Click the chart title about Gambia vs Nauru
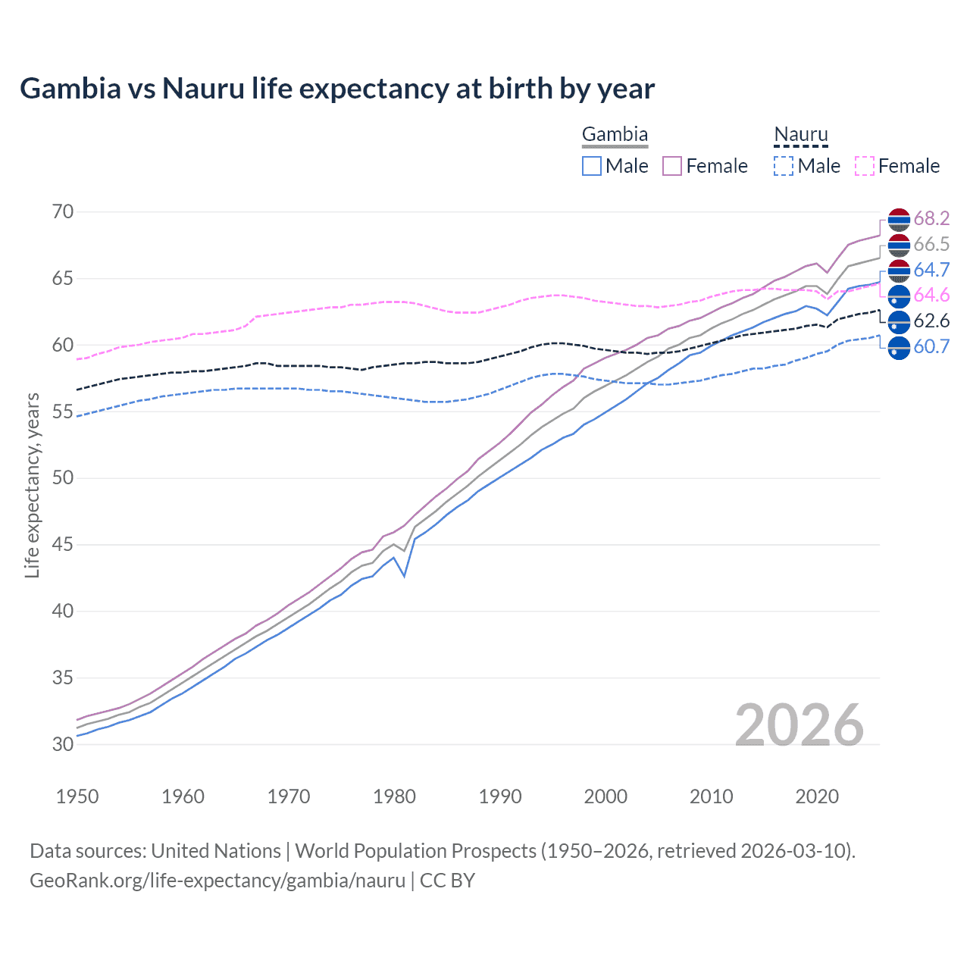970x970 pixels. click(x=337, y=89)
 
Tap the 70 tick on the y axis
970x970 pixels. click(x=63, y=211)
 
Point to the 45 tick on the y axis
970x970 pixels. click(x=63, y=544)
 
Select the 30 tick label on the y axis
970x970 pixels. click(x=63, y=744)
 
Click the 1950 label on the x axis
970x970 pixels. click(x=77, y=796)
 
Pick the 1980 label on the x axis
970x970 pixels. click(x=394, y=796)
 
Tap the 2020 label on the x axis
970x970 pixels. click(x=817, y=796)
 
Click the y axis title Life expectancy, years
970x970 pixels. click(x=32, y=485)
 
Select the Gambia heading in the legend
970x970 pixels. click(x=615, y=135)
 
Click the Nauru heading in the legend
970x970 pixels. click(x=801, y=135)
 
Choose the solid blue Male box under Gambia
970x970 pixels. click(x=592, y=166)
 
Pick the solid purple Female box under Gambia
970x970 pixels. click(x=672, y=166)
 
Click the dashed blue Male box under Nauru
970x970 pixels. click(x=784, y=166)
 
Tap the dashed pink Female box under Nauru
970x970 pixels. click(x=865, y=166)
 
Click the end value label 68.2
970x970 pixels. click(x=931, y=218)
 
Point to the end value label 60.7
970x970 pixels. click(x=931, y=347)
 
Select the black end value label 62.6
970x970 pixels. click(x=931, y=321)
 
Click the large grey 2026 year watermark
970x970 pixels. click(x=799, y=725)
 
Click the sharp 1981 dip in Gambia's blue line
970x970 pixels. click(x=405, y=576)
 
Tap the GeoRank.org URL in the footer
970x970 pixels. click(x=217, y=881)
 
